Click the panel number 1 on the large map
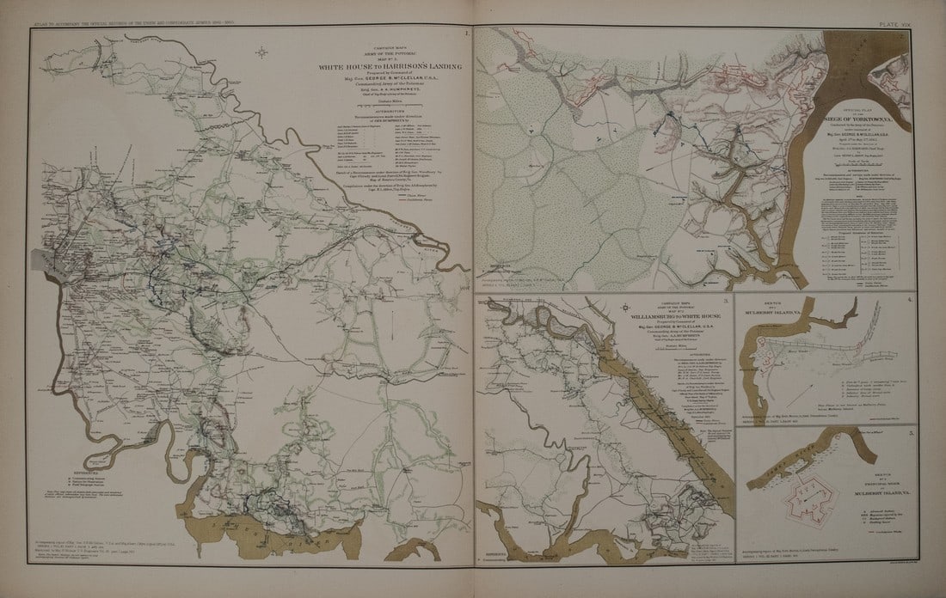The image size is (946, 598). pos(465,35)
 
